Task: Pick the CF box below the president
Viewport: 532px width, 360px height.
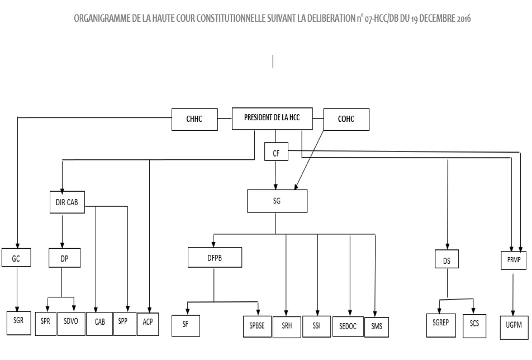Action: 276,151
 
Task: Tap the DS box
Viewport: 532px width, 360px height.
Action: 448,261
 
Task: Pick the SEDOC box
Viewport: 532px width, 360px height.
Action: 349,326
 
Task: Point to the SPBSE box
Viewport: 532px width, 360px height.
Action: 256,325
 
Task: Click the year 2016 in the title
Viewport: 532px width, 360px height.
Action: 462,18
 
